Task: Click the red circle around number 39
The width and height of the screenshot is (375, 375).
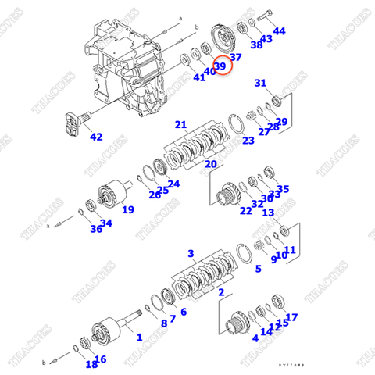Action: pyautogui.click(x=220, y=67)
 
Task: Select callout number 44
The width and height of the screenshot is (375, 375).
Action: pyautogui.click(x=279, y=31)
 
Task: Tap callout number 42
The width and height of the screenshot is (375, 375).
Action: pyautogui.click(x=96, y=137)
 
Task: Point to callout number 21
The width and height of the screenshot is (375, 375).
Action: pyautogui.click(x=180, y=125)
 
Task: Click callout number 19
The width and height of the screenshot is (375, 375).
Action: pyautogui.click(x=127, y=209)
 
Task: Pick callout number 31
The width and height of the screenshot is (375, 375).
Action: pyautogui.click(x=260, y=83)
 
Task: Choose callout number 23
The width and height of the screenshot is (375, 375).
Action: pyautogui.click(x=248, y=141)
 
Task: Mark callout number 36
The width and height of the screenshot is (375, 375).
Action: pyautogui.click(x=96, y=229)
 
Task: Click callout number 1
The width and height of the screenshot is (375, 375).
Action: pyautogui.click(x=139, y=337)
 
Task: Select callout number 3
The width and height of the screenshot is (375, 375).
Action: pyautogui.click(x=191, y=254)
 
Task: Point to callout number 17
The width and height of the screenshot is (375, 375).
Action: pyautogui.click(x=291, y=317)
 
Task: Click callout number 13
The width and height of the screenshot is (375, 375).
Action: pyautogui.click(x=268, y=212)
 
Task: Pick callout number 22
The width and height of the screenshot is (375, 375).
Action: pyautogui.click(x=245, y=210)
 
